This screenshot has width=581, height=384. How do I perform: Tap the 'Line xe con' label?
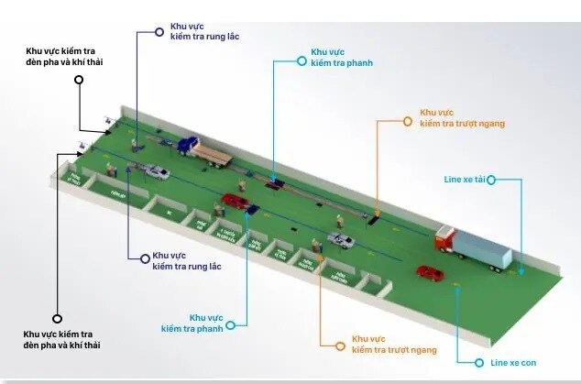pos(508,364)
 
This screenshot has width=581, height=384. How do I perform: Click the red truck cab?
pos(444,240)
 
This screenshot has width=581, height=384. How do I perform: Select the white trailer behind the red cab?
pos(483,248)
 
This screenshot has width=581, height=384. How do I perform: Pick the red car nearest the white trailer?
pos(428,272)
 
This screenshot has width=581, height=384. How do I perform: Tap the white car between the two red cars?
pos(341,240)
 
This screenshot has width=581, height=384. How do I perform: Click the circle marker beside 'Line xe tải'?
pos(490,180)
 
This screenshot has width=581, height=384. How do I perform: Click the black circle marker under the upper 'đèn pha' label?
pos(79,80)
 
